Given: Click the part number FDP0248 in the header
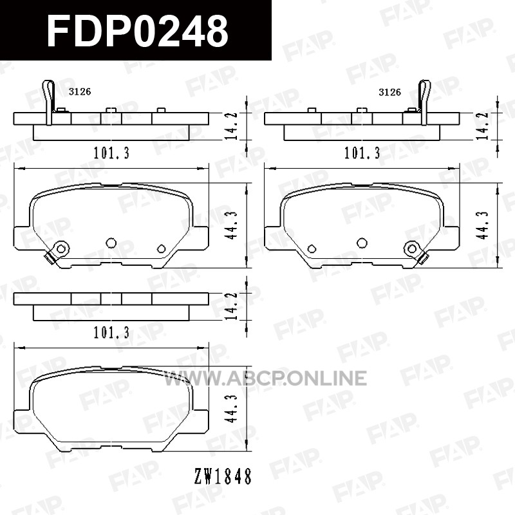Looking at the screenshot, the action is click(x=138, y=32).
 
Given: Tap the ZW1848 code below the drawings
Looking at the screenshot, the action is click(x=223, y=476).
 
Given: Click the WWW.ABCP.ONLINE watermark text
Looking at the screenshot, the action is click(x=265, y=378).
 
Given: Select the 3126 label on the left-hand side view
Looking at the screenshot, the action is click(x=80, y=91).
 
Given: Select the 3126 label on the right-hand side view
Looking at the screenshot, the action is click(x=390, y=92).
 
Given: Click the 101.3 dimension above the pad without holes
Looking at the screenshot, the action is click(x=111, y=333).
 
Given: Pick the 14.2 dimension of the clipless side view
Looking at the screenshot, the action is click(x=232, y=306).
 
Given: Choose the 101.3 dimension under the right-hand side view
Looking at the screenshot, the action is click(x=362, y=153).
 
